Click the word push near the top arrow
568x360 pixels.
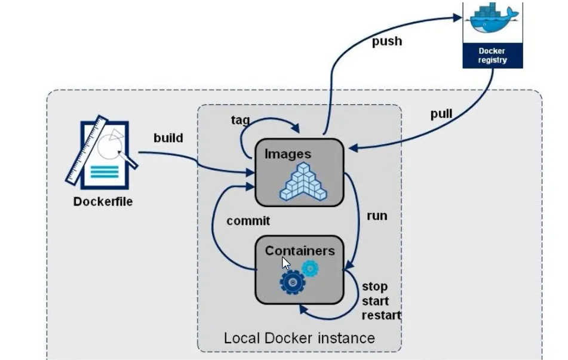click(x=386, y=42)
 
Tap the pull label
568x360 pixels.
click(x=441, y=114)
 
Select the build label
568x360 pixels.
click(x=168, y=138)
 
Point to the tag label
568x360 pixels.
click(x=240, y=120)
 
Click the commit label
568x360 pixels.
click(x=248, y=221)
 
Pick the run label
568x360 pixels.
click(x=376, y=216)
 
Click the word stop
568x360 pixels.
click(x=374, y=287)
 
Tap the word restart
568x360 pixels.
click(x=381, y=315)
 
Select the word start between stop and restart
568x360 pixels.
click(x=375, y=301)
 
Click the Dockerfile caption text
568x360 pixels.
click(x=103, y=202)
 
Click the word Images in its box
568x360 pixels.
click(x=288, y=154)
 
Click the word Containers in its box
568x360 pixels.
click(x=300, y=250)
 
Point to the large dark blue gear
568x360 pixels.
click(x=293, y=282)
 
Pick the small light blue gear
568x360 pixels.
click(x=310, y=269)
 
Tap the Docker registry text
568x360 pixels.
click(x=493, y=56)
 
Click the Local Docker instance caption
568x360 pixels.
click(x=299, y=338)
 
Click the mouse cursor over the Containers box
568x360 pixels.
click(x=285, y=263)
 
